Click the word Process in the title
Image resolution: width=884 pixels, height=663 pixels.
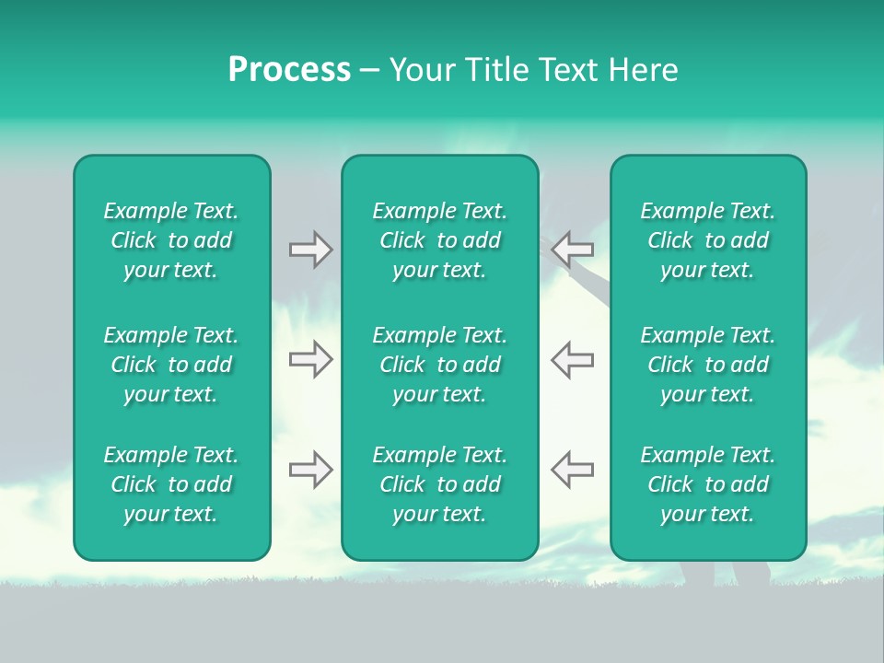tap(289, 70)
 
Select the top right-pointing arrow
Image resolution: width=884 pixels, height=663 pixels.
tap(310, 250)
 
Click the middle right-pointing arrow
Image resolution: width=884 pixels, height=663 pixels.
tap(310, 359)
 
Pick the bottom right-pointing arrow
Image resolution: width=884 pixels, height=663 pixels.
tap(310, 470)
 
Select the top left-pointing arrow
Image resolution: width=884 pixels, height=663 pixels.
tap(573, 249)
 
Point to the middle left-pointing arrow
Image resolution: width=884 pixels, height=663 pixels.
tap(573, 359)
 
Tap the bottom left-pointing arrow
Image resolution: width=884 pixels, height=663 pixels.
tap(573, 469)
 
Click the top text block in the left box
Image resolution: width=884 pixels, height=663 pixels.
tap(171, 240)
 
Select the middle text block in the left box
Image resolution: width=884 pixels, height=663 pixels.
tap(171, 365)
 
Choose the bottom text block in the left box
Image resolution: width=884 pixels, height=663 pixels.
tap(171, 484)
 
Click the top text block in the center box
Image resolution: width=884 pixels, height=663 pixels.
tap(440, 240)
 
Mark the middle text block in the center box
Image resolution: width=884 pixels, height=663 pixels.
tap(440, 365)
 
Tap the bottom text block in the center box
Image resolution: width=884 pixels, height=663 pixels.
tap(440, 484)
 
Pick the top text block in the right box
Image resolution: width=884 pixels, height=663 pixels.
tap(708, 240)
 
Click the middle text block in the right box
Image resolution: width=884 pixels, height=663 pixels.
tap(708, 365)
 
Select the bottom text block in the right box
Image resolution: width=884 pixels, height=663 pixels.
tap(708, 484)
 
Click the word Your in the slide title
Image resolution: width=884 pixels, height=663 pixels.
tap(421, 70)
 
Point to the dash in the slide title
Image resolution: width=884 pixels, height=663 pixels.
tap(369, 71)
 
